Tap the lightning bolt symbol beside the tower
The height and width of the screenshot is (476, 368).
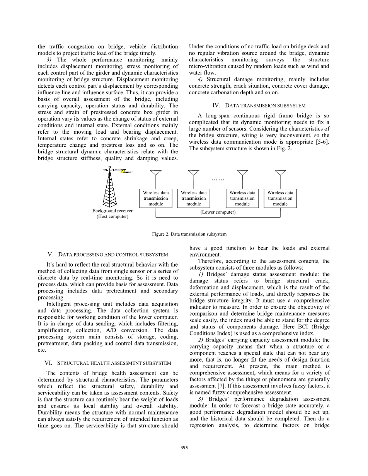[123, 171]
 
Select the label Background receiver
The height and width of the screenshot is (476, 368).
[112, 211]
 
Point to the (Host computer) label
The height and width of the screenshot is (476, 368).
[112, 216]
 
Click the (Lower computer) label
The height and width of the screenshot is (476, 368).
[218, 212]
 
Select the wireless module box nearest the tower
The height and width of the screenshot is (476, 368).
[156, 198]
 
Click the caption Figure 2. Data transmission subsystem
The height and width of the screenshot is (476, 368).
[189, 234]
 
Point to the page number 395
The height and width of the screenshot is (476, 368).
[184, 448]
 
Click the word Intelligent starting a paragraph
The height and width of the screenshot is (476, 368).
[60, 304]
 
